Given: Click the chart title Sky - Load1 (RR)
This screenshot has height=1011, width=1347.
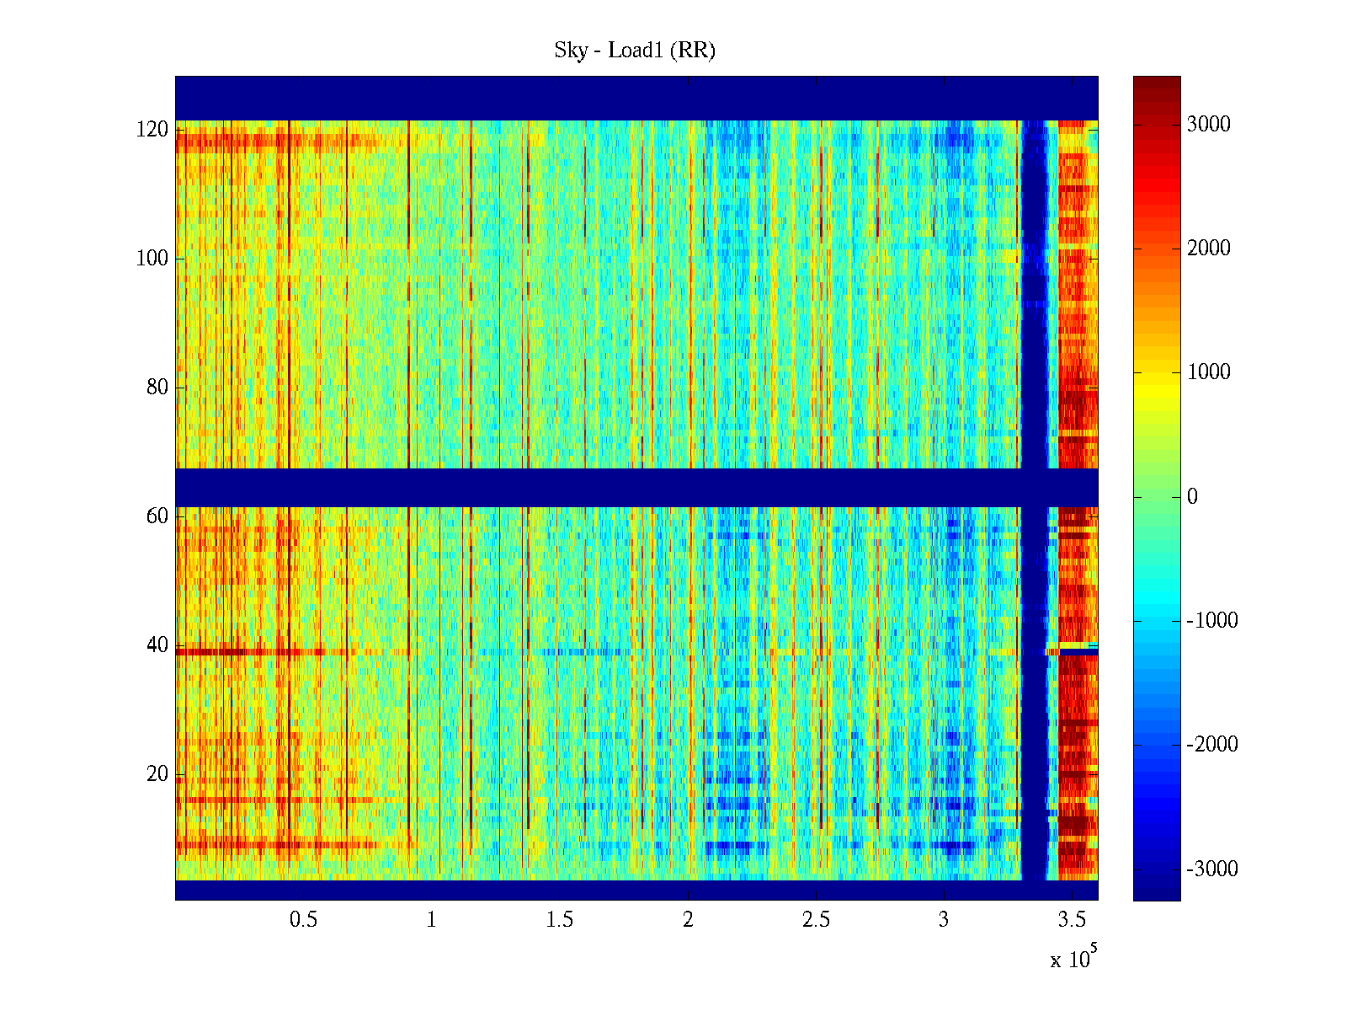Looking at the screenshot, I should point(635,51).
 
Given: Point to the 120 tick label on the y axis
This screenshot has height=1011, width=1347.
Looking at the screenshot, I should point(152,130).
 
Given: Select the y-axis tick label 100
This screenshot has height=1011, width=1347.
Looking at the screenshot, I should point(152,259).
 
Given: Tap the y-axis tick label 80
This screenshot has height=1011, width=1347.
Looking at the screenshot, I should point(157,388).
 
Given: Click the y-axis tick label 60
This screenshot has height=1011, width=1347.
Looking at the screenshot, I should point(157,516).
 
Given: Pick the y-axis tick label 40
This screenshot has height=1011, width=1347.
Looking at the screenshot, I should point(157,645).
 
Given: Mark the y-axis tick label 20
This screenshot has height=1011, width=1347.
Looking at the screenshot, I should point(157,774).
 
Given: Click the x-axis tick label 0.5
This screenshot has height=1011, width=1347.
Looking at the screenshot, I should point(303,920).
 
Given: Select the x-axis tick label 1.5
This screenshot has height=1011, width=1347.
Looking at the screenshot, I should point(560,920).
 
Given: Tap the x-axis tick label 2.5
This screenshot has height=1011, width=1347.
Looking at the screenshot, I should point(816,920).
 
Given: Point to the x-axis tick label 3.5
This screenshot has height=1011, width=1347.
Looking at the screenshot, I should point(1072,920).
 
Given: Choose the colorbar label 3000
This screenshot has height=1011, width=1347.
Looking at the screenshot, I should point(1209,125).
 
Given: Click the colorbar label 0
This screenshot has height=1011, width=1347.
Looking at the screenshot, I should point(1192,497).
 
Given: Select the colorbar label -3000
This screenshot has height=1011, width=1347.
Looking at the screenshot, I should point(1212,869).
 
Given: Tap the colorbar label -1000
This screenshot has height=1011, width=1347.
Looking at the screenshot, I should point(1212,621).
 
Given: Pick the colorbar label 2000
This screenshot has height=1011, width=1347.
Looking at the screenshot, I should point(1209,249).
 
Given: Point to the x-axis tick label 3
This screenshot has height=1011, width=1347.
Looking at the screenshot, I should point(944,920).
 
